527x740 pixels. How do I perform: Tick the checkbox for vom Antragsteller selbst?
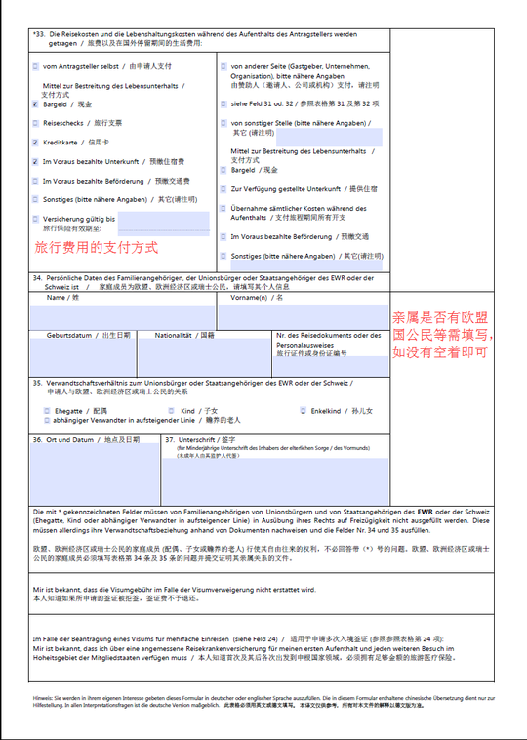tap(36, 66)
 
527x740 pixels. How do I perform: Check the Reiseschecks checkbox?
tap(36, 123)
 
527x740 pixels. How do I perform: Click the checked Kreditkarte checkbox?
tap(36, 143)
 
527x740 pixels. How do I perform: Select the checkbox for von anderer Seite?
tap(224, 66)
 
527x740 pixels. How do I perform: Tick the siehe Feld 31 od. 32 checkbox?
tap(224, 103)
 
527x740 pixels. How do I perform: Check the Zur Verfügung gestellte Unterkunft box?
tap(224, 188)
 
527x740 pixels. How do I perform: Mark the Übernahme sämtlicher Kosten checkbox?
tap(224, 208)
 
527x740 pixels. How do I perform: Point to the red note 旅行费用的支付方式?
tap(96, 248)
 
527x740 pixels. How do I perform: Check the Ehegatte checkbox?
tap(47, 411)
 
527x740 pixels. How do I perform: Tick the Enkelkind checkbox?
tap(304, 411)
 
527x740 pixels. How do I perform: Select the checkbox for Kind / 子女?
tap(172, 411)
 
